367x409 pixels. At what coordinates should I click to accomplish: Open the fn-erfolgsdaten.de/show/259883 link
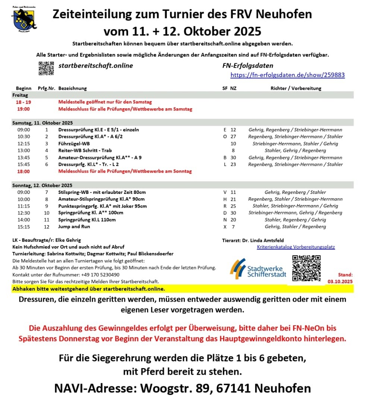pyautogui.click(x=287, y=75)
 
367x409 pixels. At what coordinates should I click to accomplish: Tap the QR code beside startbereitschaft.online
pyautogui.click(x=47, y=68)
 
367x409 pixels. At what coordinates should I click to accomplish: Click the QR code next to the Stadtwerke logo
pyautogui.click(x=306, y=268)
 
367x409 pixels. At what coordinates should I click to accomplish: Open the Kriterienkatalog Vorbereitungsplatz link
pyautogui.click(x=296, y=247)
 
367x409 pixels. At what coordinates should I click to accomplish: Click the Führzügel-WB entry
pyautogui.click(x=74, y=143)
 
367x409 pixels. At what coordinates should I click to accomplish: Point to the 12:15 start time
pyautogui.click(x=23, y=143)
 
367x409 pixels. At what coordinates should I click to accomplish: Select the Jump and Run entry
pyautogui.click(x=74, y=226)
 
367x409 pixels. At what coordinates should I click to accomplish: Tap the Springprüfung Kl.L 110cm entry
pyautogui.click(x=87, y=220)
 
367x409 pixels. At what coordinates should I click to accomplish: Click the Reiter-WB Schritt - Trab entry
pyautogui.click(x=85, y=150)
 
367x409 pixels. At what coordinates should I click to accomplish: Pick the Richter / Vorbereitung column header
pyautogui.click(x=296, y=88)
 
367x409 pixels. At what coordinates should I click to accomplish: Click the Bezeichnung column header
pyautogui.click(x=72, y=88)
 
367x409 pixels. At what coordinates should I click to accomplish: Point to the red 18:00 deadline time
pyautogui.click(x=23, y=171)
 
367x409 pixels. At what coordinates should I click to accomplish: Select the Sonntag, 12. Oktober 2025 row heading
pyautogui.click(x=42, y=185)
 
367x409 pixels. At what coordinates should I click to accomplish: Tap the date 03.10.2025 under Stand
pyautogui.click(x=340, y=281)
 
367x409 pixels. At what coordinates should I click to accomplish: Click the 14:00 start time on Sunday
pyautogui.click(x=23, y=220)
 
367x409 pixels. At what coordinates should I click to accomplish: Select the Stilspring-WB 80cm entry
pyautogui.click(x=102, y=192)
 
